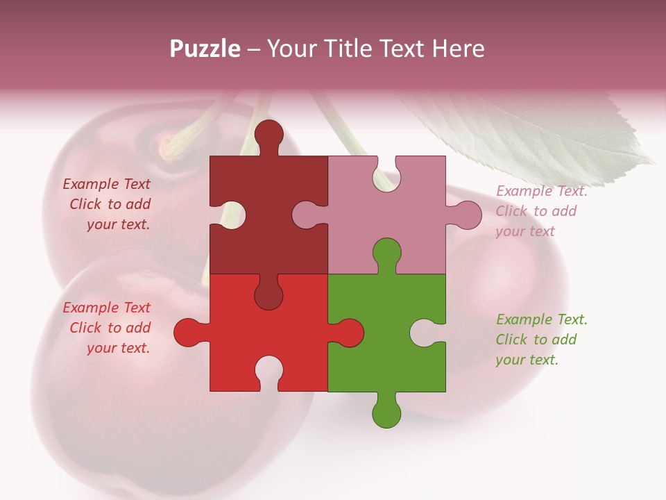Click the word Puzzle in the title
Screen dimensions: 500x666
coord(205,49)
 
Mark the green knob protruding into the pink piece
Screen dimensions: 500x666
coord(386,253)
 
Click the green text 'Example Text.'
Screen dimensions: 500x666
coord(541,319)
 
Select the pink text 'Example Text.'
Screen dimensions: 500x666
coord(541,191)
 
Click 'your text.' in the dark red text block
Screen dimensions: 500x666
coord(118,224)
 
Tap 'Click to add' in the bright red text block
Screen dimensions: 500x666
coord(110,328)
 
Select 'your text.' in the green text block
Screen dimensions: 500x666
coord(527,360)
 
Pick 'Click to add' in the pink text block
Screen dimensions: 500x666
coord(536,211)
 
